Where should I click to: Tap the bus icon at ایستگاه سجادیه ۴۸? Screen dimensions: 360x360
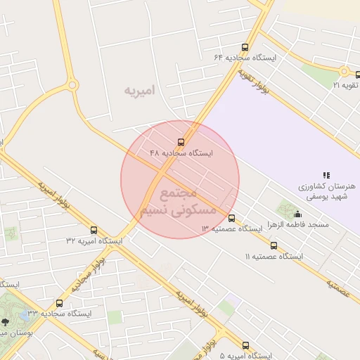[x=181, y=142]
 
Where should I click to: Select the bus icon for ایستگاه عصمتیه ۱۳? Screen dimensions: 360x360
[x=231, y=218]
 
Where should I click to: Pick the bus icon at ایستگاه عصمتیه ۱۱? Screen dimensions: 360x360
[x=274, y=246]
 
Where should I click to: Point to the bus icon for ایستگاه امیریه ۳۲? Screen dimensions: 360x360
[x=94, y=230]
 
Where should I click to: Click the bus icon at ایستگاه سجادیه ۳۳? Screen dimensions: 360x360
[x=59, y=303]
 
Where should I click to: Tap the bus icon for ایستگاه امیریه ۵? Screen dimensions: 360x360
[x=245, y=345]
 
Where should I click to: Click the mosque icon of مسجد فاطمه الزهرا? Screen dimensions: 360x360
[x=297, y=214]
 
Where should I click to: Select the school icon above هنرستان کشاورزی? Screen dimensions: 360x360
[x=326, y=174]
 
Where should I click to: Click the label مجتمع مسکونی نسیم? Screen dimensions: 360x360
[x=180, y=202]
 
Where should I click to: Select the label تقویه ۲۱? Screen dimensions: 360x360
[x=346, y=85]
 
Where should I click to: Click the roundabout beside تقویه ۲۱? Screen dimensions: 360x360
[x=344, y=71]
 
